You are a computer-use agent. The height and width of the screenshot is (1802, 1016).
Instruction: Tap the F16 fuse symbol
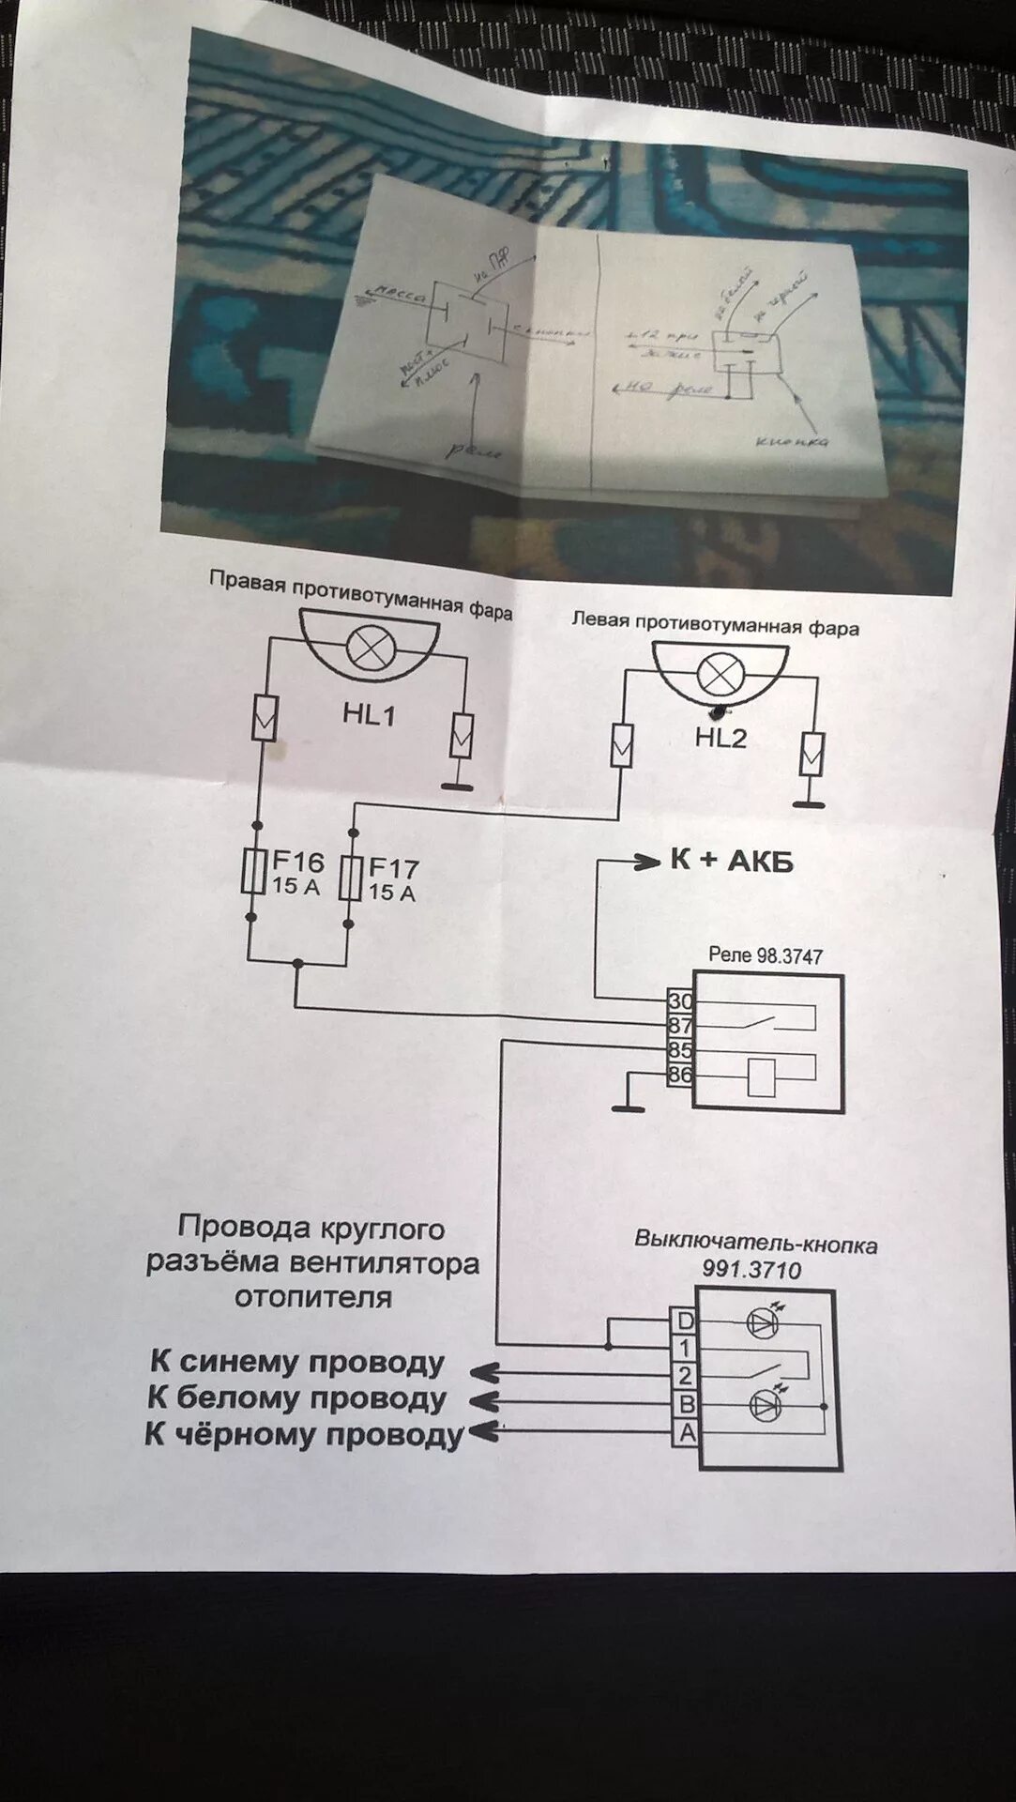[251, 874]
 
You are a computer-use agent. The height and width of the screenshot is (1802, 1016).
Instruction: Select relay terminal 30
[679, 1001]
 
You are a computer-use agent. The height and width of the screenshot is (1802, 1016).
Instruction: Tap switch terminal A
[687, 1433]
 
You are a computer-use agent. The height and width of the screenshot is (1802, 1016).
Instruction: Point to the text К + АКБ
[731, 861]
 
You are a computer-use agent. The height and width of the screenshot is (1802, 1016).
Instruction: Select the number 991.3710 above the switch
[751, 1270]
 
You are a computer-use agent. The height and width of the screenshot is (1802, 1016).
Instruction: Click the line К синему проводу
[296, 1363]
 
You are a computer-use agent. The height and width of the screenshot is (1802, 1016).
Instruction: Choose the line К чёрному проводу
[305, 1435]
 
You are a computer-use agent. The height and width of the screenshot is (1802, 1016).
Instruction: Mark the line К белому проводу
[296, 1398]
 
